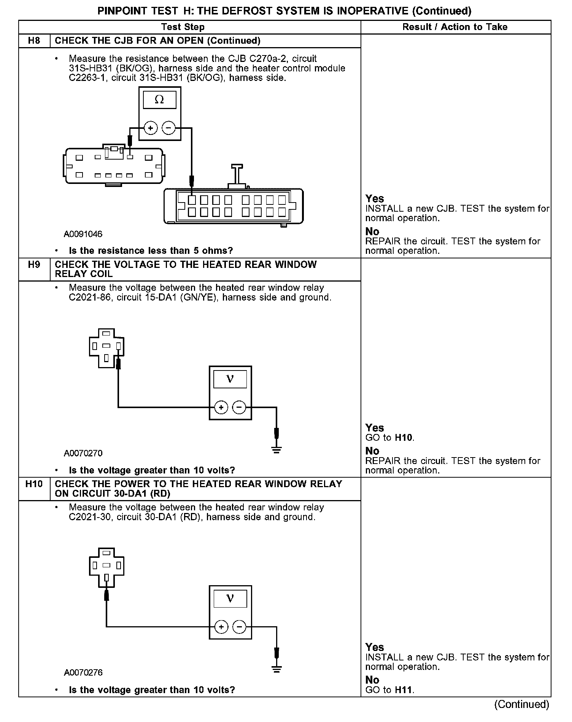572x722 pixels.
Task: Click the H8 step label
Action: [34, 41]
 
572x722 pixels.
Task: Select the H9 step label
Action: [34, 264]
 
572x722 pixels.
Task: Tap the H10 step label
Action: [34, 484]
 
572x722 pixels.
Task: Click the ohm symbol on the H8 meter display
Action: [159, 100]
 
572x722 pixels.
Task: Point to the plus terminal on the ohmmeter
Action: [151, 128]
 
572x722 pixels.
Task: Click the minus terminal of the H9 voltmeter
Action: [239, 407]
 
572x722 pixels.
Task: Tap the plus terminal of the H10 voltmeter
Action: [221, 627]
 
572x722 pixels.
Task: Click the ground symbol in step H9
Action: [276, 450]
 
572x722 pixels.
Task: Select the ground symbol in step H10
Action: [276, 669]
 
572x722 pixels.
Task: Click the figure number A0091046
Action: [83, 234]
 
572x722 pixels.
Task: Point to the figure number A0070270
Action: [83, 453]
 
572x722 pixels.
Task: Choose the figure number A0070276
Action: [83, 672]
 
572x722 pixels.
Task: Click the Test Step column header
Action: [183, 27]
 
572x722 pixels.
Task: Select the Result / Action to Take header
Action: [455, 27]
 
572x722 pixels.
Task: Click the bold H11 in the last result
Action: [403, 690]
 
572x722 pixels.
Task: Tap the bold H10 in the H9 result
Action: [404, 437]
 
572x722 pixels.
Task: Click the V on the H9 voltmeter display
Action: [230, 379]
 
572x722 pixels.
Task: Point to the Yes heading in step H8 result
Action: [375, 198]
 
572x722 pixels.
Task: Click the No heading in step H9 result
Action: [372, 451]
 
